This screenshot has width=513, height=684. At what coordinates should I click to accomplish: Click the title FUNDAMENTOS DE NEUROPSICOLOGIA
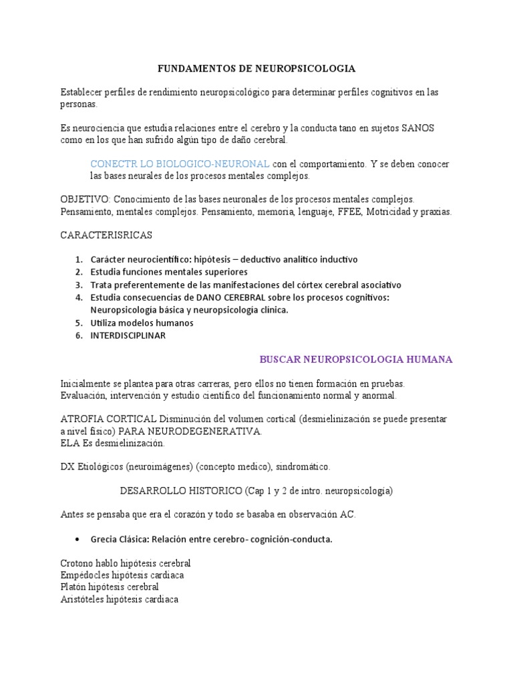point(256,69)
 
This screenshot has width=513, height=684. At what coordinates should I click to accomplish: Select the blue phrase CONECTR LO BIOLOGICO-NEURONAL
point(180,164)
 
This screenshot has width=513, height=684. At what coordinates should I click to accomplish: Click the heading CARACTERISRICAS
point(106,235)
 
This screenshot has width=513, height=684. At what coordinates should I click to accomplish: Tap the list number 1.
point(78,259)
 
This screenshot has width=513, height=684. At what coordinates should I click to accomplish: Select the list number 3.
point(78,285)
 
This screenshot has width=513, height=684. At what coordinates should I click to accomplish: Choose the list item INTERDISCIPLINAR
point(128,336)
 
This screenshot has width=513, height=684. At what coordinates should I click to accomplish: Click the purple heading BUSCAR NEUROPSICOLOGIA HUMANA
point(355,359)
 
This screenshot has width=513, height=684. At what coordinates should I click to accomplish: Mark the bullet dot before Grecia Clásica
point(79,540)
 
